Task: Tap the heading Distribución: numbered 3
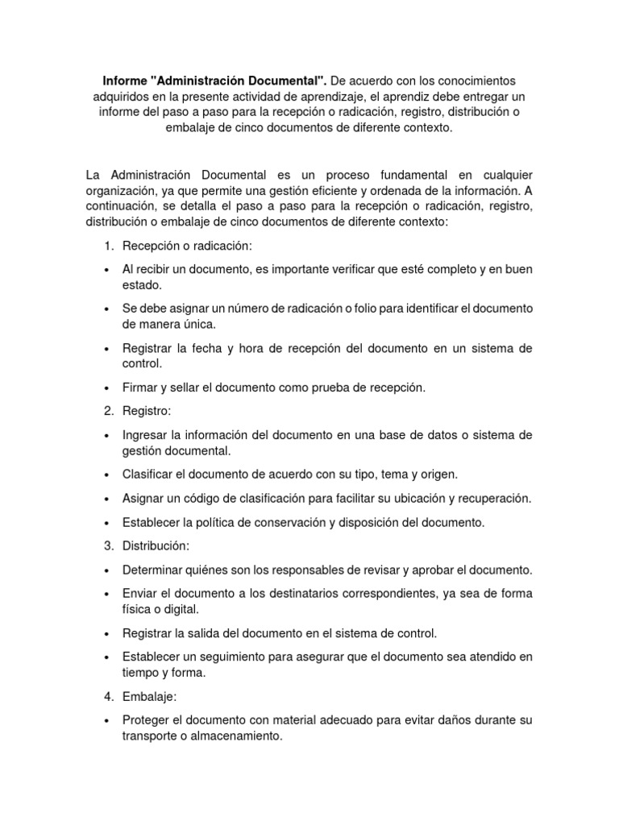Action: pos(156,545)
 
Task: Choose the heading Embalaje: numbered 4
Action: pos(148,695)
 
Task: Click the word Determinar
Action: pos(153,570)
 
